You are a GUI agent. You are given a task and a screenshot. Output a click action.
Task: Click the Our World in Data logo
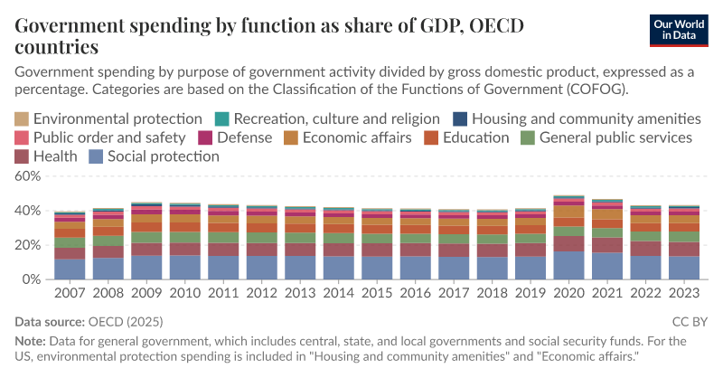[x=681, y=29]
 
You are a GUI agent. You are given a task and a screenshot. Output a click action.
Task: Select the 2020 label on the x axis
[x=568, y=294]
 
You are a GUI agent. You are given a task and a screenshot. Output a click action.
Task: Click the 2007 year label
[x=69, y=294]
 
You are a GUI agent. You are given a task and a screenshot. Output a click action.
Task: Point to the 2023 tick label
[x=683, y=294]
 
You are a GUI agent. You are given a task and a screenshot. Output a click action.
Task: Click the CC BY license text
[x=690, y=321]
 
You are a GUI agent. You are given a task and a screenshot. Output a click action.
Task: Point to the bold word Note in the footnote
[x=33, y=341]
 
